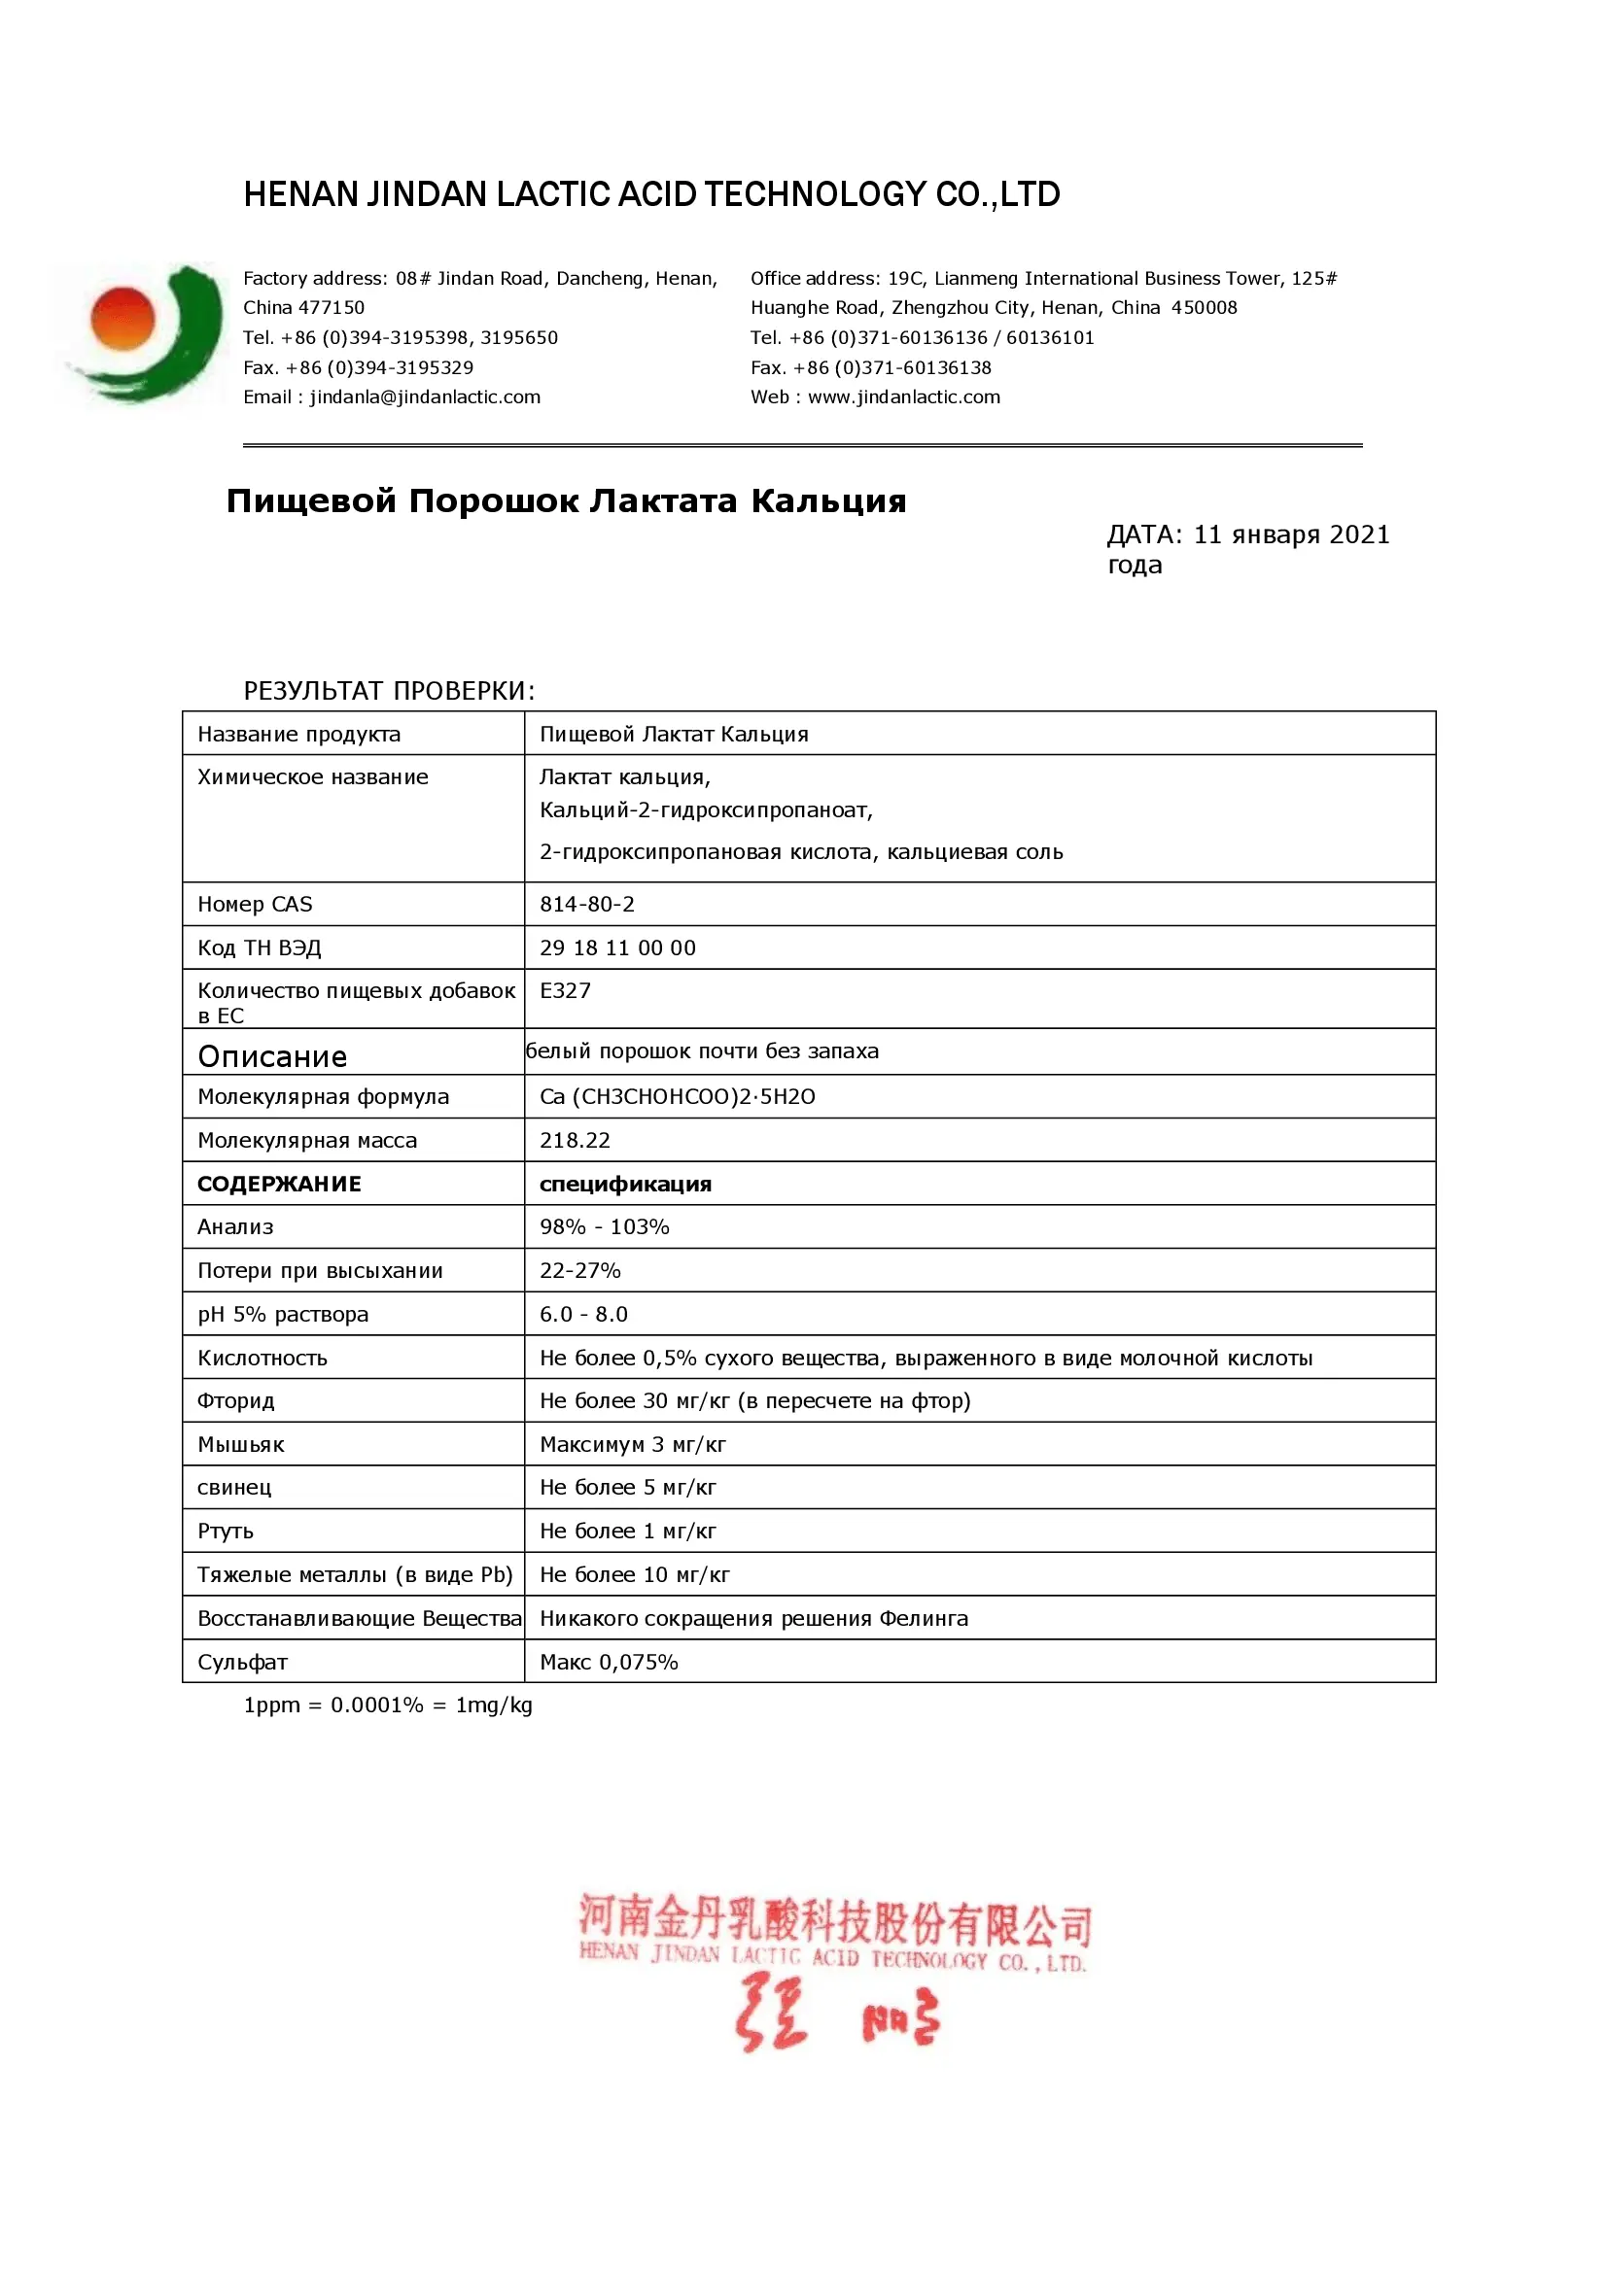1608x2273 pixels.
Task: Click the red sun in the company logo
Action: (x=122, y=319)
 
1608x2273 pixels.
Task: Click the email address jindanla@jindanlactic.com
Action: (x=425, y=397)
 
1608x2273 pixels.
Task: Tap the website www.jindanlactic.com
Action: (x=903, y=397)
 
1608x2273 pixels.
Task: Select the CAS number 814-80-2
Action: (x=586, y=904)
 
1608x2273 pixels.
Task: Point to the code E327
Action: (x=565, y=990)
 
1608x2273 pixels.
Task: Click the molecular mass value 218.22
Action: (x=575, y=1141)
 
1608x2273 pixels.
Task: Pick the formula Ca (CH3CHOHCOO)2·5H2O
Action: (x=677, y=1097)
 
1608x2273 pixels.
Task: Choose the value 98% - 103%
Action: (x=604, y=1226)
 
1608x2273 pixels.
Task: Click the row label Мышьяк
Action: (x=240, y=1444)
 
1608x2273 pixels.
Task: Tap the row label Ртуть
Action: (x=226, y=1532)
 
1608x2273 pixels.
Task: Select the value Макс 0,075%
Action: (x=608, y=1662)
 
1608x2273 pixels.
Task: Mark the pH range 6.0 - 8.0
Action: (x=583, y=1314)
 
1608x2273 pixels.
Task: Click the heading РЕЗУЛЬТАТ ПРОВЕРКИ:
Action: (x=389, y=691)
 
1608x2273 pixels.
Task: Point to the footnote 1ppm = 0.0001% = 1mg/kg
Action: (x=387, y=1705)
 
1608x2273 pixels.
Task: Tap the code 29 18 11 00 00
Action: (x=617, y=947)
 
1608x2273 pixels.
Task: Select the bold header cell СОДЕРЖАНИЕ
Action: (x=279, y=1184)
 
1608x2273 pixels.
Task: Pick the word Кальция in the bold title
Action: (x=827, y=500)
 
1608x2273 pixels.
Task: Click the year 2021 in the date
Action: (x=1359, y=534)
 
